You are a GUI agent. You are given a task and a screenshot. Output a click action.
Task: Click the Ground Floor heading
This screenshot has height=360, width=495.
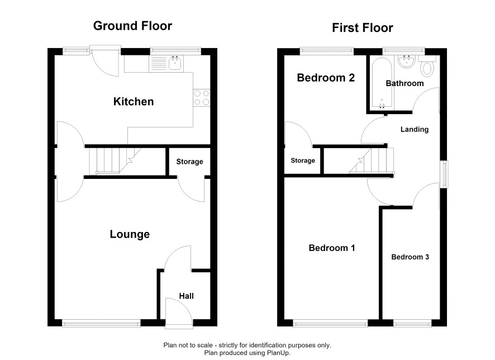[x=132, y=26]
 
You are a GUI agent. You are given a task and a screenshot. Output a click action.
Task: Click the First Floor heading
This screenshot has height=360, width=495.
[x=363, y=28]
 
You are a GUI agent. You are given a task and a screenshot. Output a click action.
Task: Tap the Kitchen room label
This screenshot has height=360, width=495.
[x=134, y=102]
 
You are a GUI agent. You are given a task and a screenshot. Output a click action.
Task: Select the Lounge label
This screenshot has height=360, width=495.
[x=130, y=234]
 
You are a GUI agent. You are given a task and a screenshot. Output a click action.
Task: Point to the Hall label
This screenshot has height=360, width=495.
[x=186, y=296]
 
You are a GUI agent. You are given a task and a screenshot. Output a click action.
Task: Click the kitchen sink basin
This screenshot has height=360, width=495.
[x=175, y=63]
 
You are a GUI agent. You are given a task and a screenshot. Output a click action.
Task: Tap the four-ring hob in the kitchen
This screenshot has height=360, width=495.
[x=202, y=98]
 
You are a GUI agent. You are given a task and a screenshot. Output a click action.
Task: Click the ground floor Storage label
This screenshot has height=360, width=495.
[x=189, y=162]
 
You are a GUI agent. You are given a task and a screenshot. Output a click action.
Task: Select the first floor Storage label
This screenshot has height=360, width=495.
[x=303, y=160]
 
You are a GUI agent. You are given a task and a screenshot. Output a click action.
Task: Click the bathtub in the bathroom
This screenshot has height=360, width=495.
[x=382, y=84]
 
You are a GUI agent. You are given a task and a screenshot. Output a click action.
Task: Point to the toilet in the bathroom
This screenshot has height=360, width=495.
[x=427, y=66]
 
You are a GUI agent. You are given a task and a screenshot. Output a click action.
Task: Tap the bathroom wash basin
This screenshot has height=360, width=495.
[x=406, y=61]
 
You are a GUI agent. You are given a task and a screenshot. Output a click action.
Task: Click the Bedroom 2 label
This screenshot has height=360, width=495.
[x=326, y=78]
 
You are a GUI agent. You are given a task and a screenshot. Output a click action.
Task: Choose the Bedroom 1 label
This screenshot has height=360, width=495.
[x=332, y=248]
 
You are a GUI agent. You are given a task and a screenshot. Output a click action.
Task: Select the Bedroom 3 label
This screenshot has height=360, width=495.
[x=410, y=257]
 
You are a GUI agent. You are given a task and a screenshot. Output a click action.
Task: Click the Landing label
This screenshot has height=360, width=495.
[x=415, y=130]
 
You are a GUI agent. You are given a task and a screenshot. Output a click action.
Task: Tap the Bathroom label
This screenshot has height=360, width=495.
[x=404, y=83]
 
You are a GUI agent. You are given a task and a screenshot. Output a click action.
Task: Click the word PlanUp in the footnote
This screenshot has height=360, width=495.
[x=278, y=353]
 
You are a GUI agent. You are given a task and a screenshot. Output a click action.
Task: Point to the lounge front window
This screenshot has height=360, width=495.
[x=101, y=323]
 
